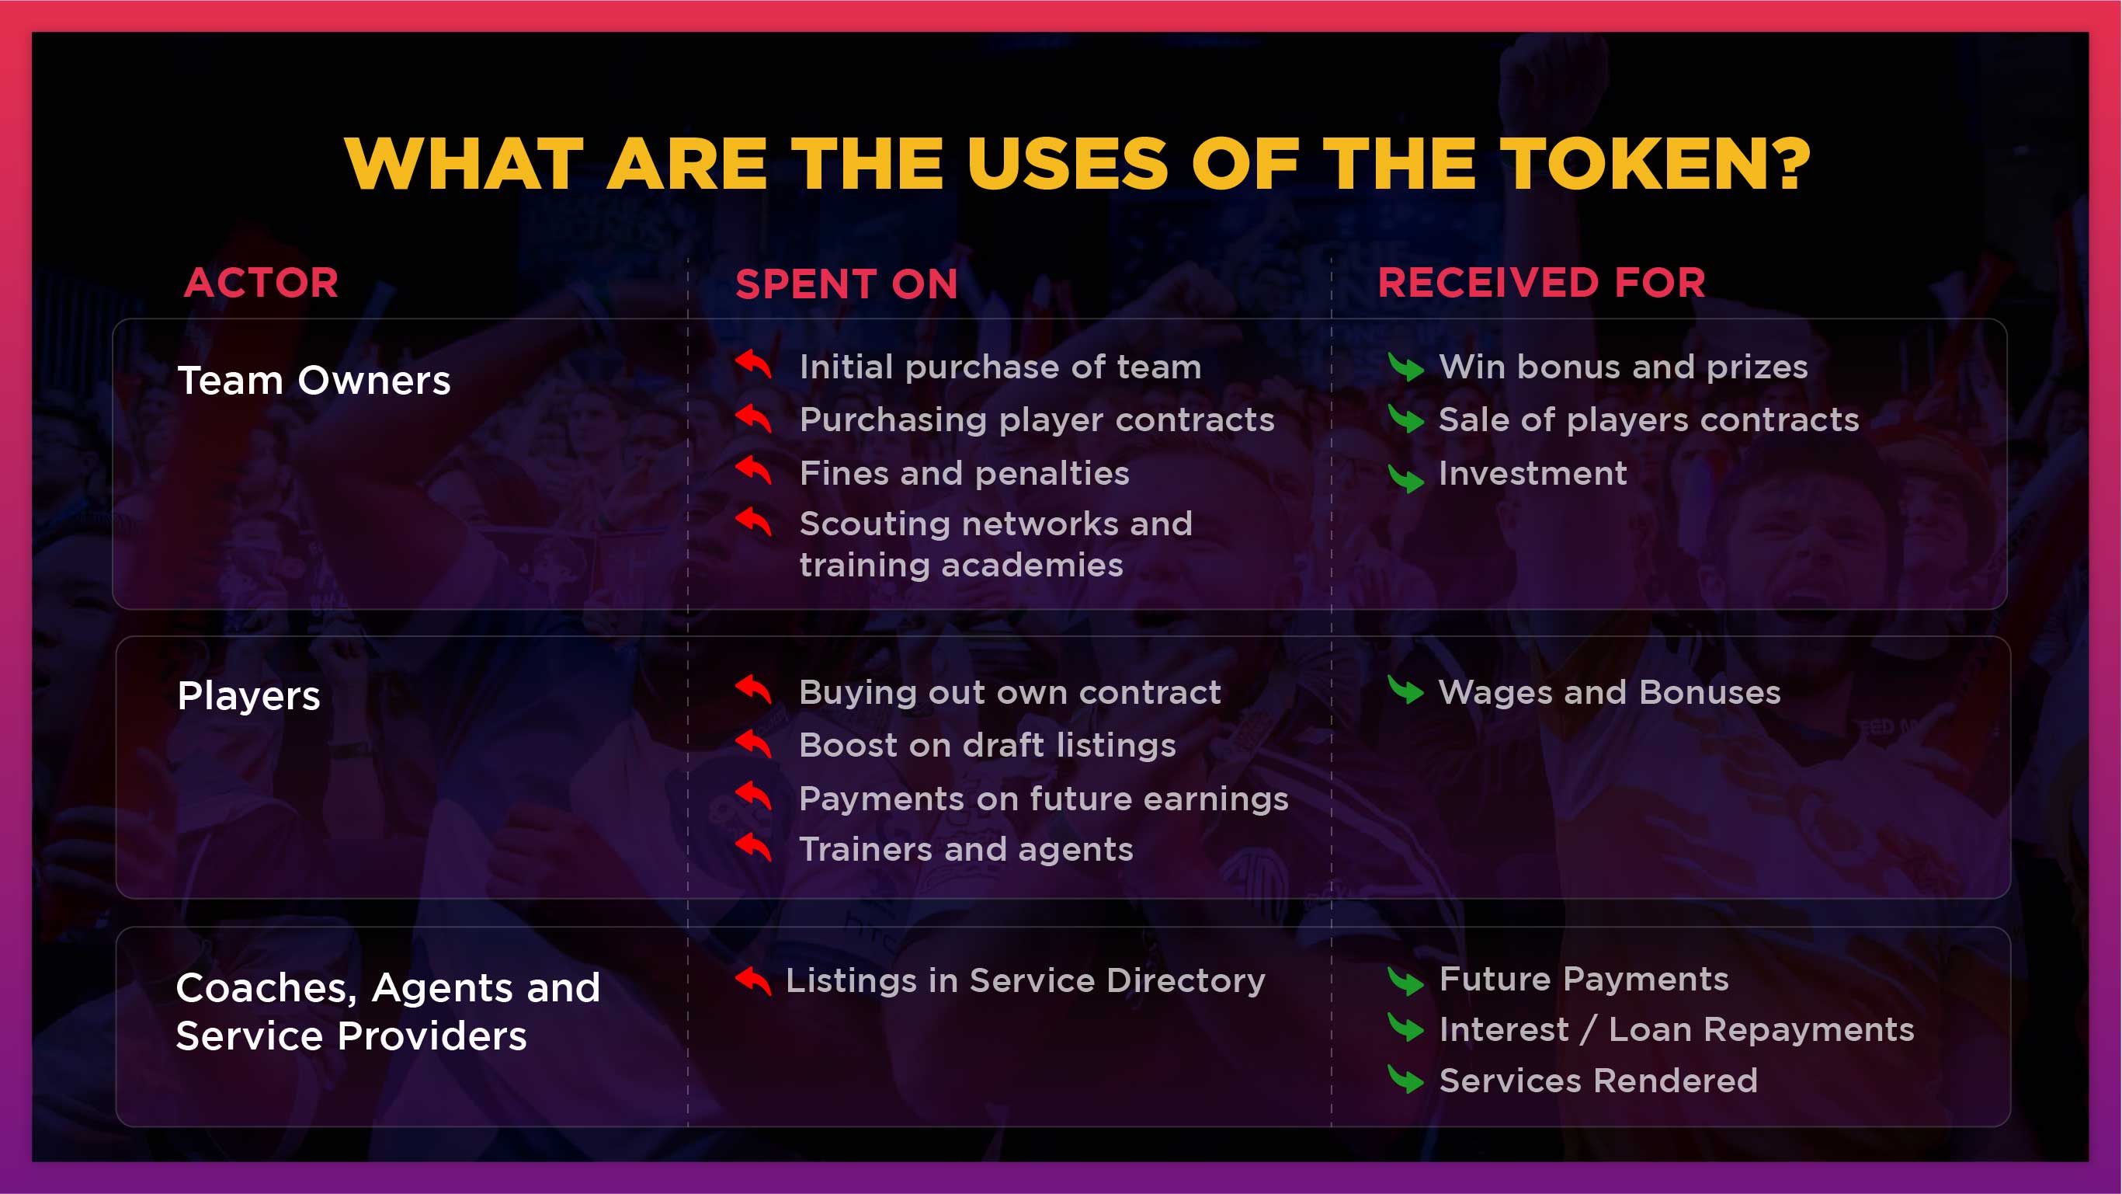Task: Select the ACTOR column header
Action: click(x=261, y=283)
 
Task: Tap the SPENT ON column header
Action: click(x=847, y=284)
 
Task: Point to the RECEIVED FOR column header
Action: click(x=1541, y=283)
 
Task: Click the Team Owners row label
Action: click(x=314, y=381)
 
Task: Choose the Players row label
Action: click(x=248, y=696)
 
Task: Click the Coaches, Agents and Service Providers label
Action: click(x=388, y=1011)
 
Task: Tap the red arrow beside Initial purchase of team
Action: click(x=754, y=364)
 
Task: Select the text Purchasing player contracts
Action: click(x=1037, y=420)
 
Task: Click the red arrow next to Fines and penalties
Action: click(x=754, y=470)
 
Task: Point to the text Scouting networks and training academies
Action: click(x=996, y=544)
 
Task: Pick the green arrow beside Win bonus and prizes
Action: click(x=1405, y=367)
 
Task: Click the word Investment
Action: click(x=1532, y=473)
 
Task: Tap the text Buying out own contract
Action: click(x=1010, y=692)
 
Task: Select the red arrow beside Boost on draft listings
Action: click(x=754, y=743)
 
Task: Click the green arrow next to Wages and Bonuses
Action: click(x=1405, y=690)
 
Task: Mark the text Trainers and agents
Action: click(x=966, y=850)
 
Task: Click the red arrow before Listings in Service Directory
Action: click(x=754, y=980)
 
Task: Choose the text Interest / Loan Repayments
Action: click(x=1676, y=1030)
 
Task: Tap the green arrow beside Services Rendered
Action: click(x=1405, y=1080)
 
